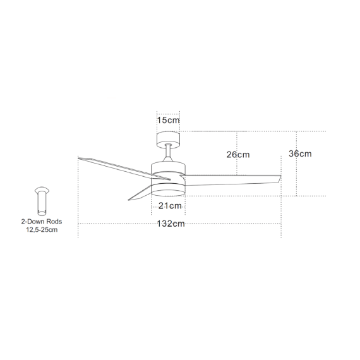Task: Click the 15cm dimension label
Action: pos(168,120)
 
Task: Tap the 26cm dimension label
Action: pos(238,155)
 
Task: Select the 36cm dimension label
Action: pos(300,153)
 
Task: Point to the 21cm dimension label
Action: pos(170,206)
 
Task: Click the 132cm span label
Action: pos(171,224)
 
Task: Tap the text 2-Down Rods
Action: pos(42,222)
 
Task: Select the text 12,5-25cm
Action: pos(42,230)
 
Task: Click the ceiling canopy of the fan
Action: pos(168,139)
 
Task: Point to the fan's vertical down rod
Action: pos(168,152)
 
